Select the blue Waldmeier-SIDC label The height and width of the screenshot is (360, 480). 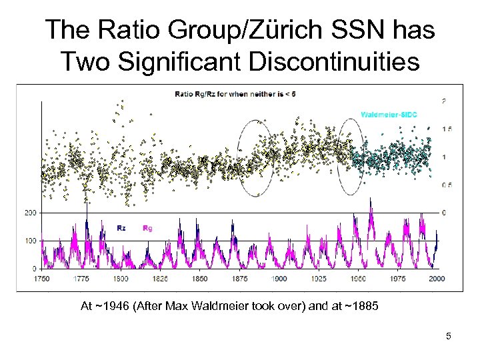click(x=389, y=115)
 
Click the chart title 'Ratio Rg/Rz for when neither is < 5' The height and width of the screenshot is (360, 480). click(x=235, y=93)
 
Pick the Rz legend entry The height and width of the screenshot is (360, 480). click(x=122, y=228)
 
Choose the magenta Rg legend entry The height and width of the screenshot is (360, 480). click(x=147, y=228)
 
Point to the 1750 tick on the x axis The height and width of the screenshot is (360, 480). click(x=43, y=278)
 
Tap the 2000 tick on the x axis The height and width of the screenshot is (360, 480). click(x=437, y=278)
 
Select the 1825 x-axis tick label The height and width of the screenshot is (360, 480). click(x=160, y=278)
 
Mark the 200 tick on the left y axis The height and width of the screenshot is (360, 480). click(x=30, y=213)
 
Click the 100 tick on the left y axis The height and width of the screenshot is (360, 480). click(x=30, y=241)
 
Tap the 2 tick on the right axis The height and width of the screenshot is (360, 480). click(x=445, y=101)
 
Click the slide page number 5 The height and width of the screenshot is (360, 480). click(x=449, y=336)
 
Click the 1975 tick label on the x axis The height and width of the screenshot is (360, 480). click(x=397, y=278)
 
